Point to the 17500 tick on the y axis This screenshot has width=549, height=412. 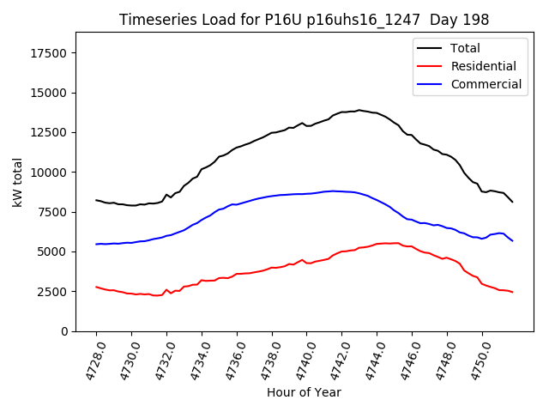tap(50, 53)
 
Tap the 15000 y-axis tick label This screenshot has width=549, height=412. tap(50, 93)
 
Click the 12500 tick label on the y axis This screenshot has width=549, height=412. tap(50, 132)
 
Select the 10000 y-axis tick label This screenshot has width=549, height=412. tap(50, 173)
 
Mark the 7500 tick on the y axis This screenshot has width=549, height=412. tap(53, 212)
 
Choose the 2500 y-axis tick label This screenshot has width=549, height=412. tap(53, 292)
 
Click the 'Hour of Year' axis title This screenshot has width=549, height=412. tap(304, 392)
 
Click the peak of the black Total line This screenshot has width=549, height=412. tap(359, 110)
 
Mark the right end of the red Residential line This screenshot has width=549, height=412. tap(512, 293)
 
